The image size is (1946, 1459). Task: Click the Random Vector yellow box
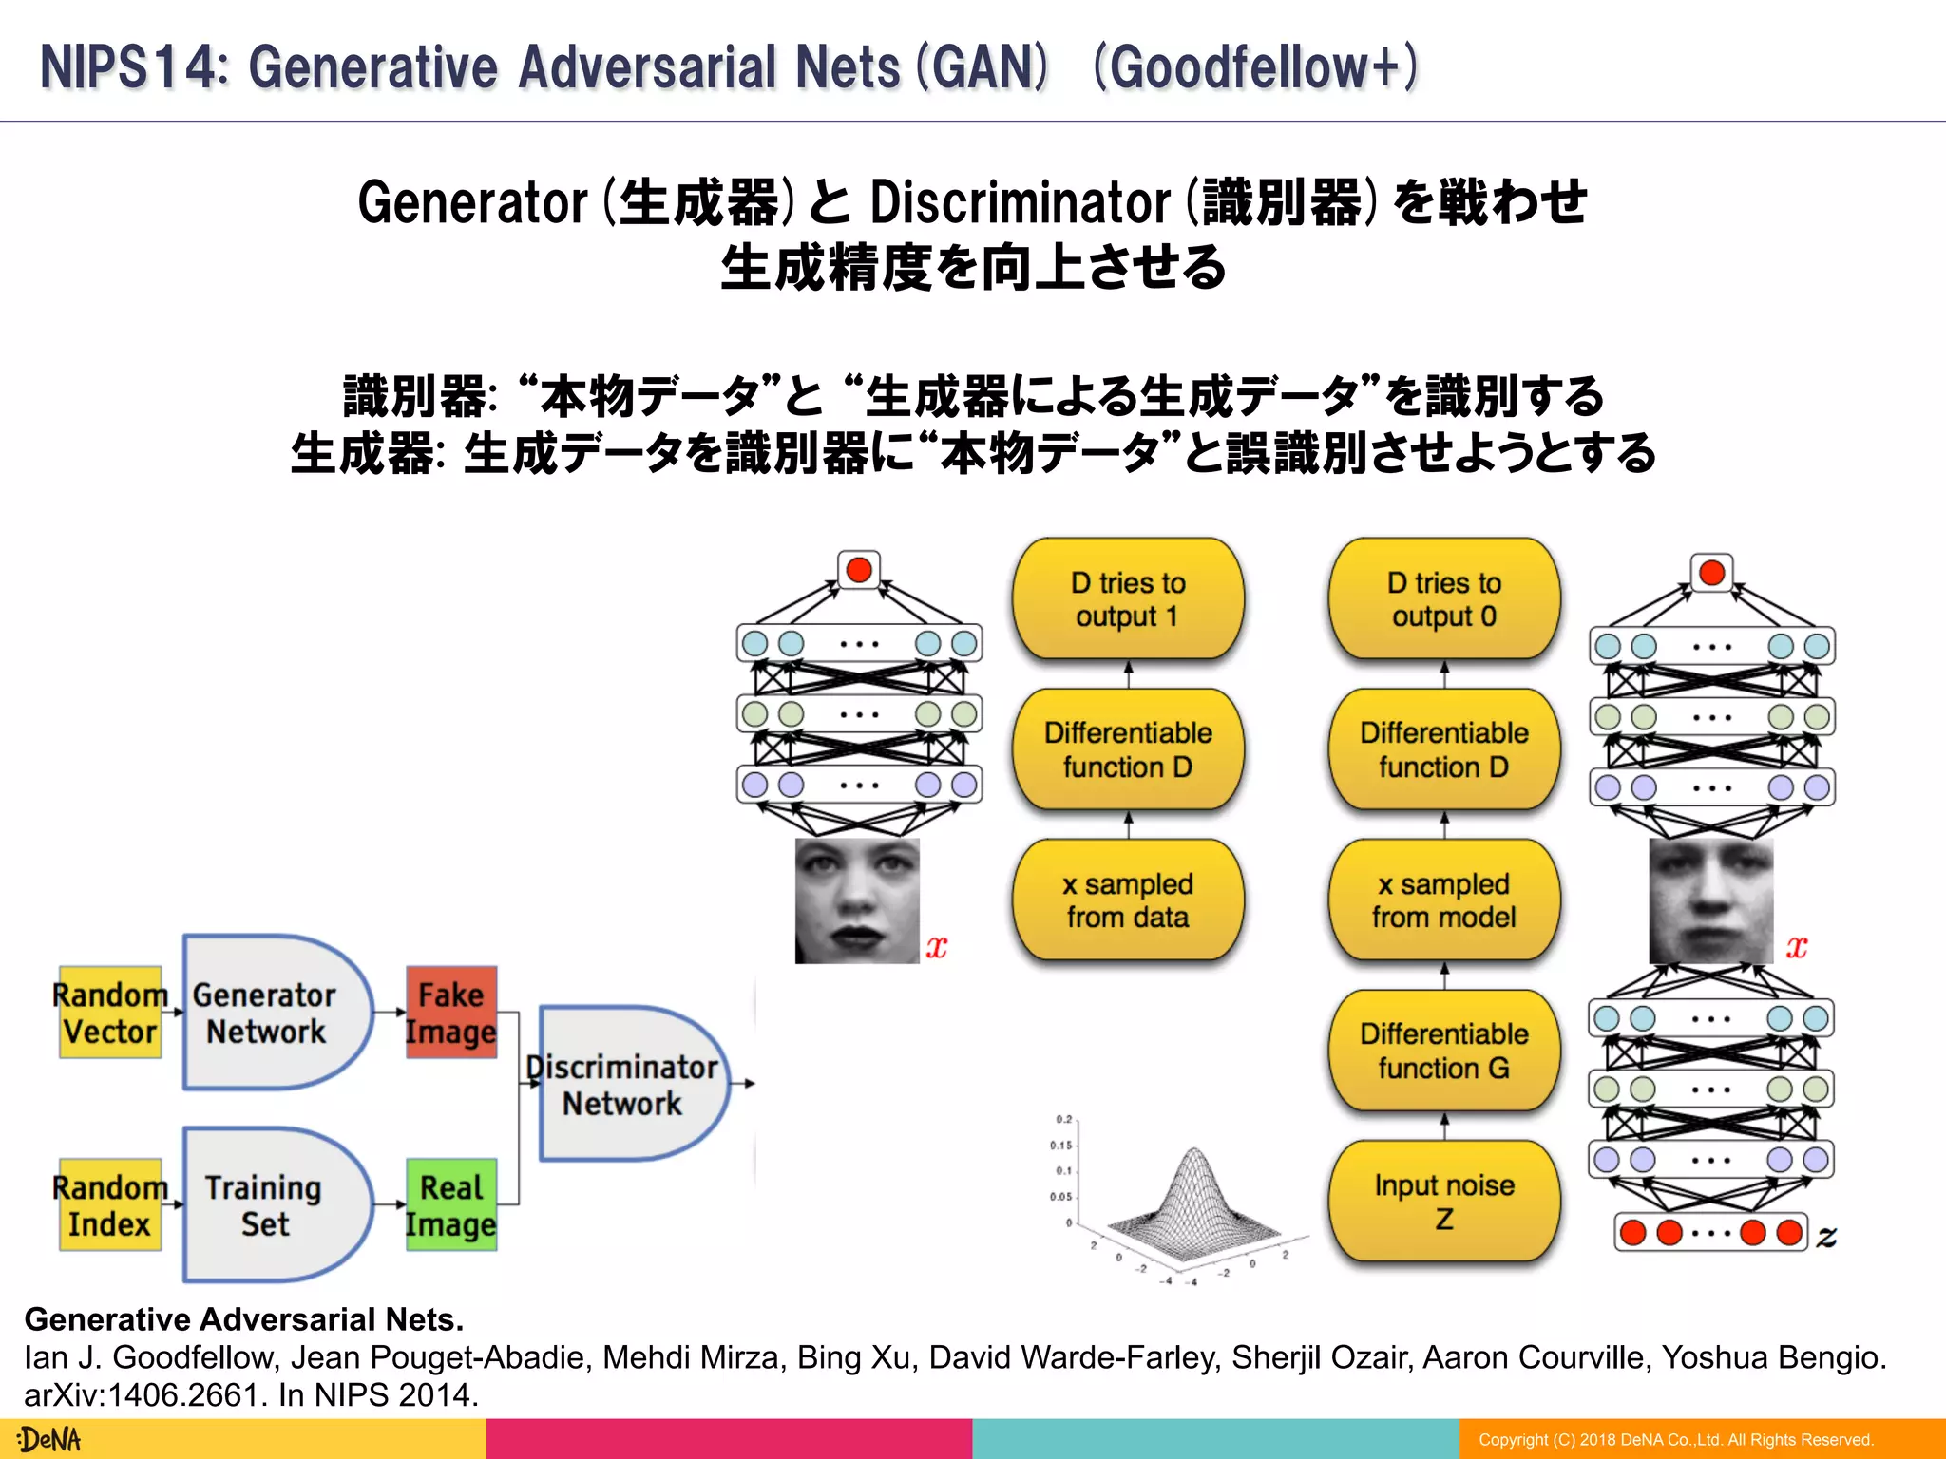coord(109,1013)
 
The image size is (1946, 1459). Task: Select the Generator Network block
coord(271,1013)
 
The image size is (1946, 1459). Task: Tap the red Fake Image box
coord(451,1013)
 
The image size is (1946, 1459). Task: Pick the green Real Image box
coord(451,1204)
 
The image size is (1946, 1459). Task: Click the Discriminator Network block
coord(627,1084)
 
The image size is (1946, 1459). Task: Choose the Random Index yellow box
coord(109,1204)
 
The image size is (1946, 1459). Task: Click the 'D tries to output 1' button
coord(1128,599)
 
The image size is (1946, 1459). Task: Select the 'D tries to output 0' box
coord(1443,599)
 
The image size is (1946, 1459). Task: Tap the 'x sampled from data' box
coord(1128,900)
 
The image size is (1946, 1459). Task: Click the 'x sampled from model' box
coord(1443,900)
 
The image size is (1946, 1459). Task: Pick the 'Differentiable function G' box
coord(1443,1051)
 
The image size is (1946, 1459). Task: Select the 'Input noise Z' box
coord(1443,1202)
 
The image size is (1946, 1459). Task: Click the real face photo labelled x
coord(857,900)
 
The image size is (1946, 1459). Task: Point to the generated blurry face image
coord(1710,900)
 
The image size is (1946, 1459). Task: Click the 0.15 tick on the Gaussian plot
coord(1061,1146)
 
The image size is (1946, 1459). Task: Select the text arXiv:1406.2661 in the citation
coord(142,1395)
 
